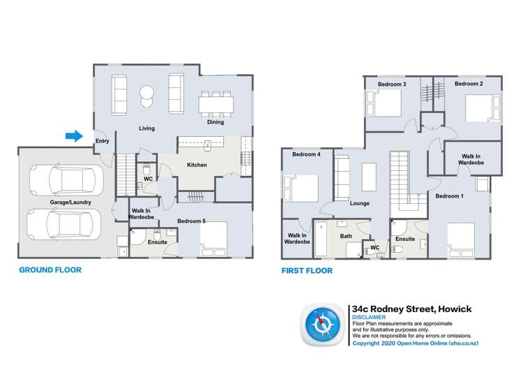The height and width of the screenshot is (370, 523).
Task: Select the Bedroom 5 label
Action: coord(191,221)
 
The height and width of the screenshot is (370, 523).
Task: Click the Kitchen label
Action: coord(197,165)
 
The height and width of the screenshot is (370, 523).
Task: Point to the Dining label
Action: coord(215,123)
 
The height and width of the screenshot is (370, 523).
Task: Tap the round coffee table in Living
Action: coord(147,94)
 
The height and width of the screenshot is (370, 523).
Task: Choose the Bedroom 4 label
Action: coord(306,154)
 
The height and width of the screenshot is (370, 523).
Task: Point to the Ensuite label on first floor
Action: coord(405,239)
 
